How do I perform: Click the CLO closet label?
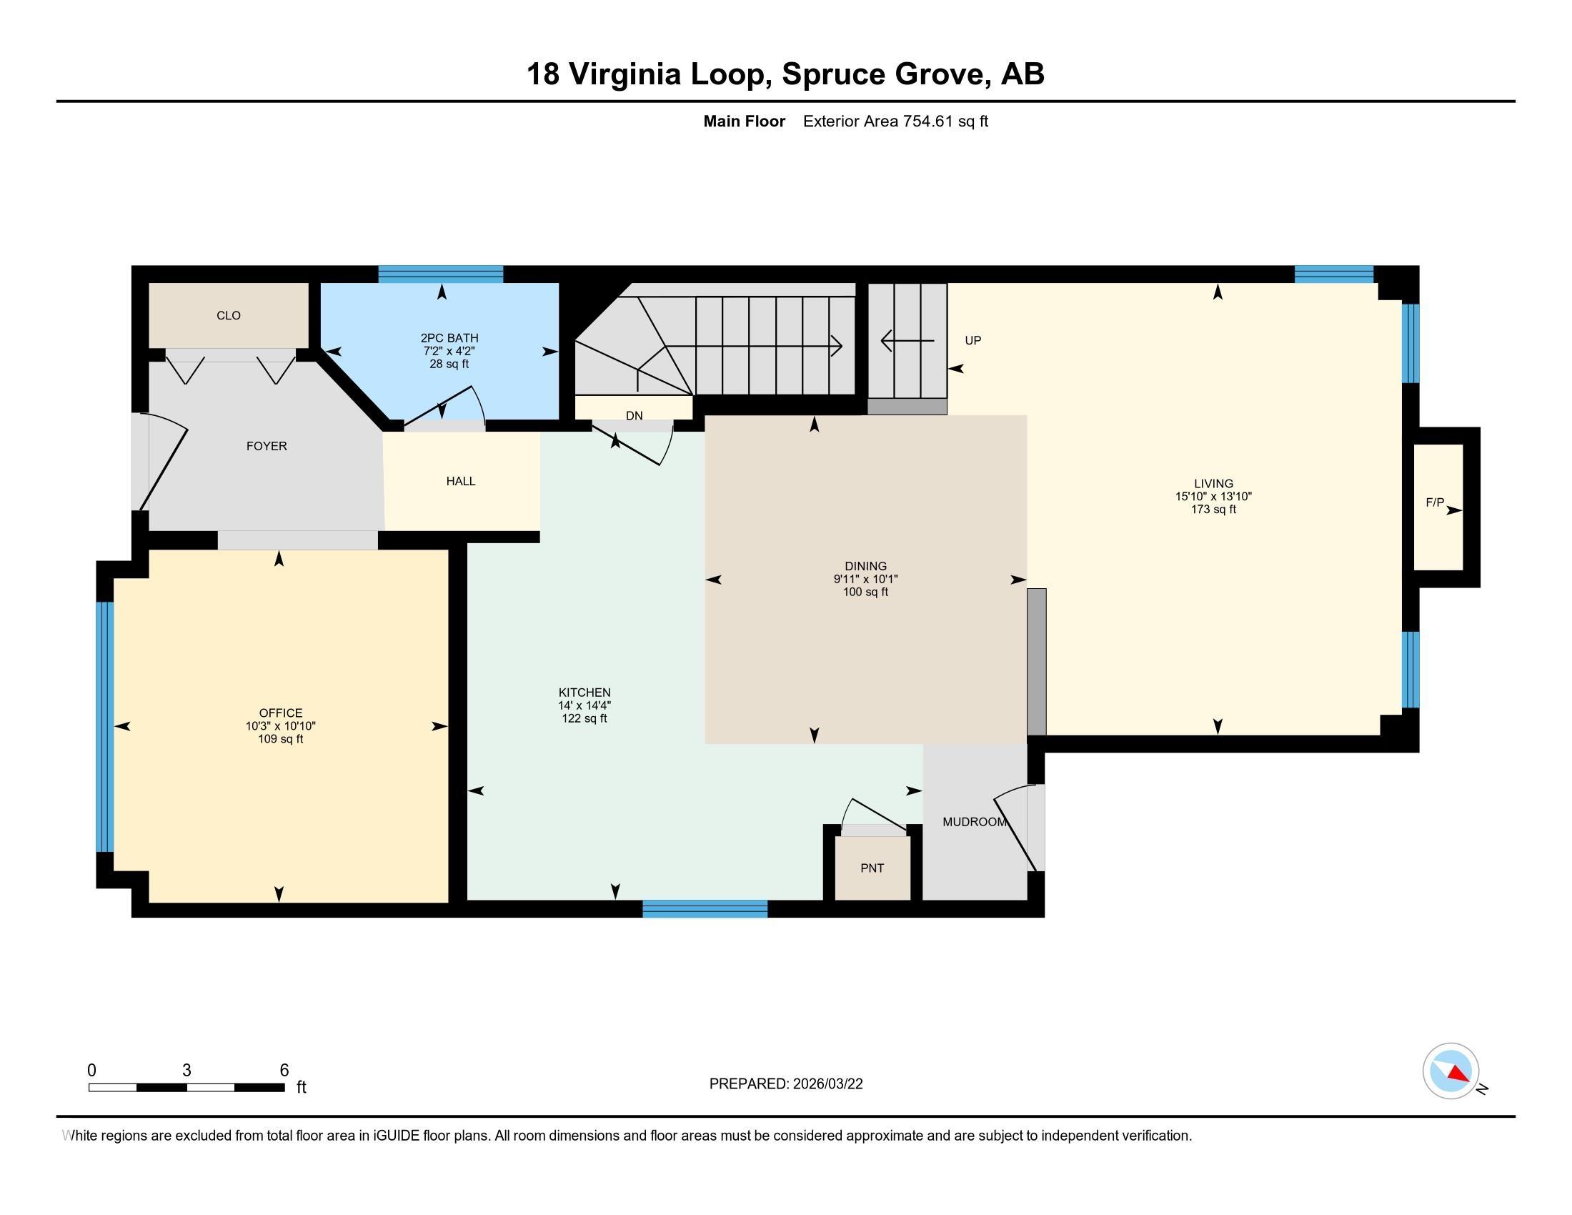(x=228, y=315)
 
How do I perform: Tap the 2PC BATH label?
(x=449, y=337)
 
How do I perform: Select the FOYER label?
(x=267, y=446)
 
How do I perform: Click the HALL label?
(x=461, y=481)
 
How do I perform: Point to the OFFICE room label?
(x=281, y=713)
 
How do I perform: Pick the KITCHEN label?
(x=584, y=693)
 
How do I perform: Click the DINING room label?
(x=866, y=566)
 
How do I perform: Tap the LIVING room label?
(x=1213, y=484)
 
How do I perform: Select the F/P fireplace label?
(x=1435, y=502)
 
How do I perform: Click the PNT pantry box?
(x=872, y=868)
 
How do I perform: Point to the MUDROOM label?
(x=975, y=822)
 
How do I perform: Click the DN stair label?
(x=634, y=415)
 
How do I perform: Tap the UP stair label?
(x=972, y=340)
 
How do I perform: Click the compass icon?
(x=1451, y=1071)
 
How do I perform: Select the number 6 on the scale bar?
(x=284, y=1071)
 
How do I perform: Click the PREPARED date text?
(x=786, y=1084)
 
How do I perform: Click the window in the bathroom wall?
(x=440, y=274)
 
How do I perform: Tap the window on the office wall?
(x=105, y=727)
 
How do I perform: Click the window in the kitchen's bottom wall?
(x=705, y=909)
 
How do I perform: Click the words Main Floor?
(x=745, y=121)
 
